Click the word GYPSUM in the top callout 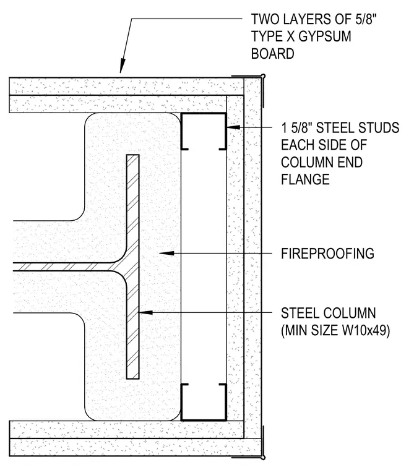coord(325,36)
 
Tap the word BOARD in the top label coord(272,54)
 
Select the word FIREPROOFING coord(327,254)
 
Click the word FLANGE coord(305,179)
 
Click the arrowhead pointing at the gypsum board coord(122,66)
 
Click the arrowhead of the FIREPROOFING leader coord(166,254)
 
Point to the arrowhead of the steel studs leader coord(233,127)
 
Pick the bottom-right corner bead coord(263,446)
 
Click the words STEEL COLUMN coord(328,314)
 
